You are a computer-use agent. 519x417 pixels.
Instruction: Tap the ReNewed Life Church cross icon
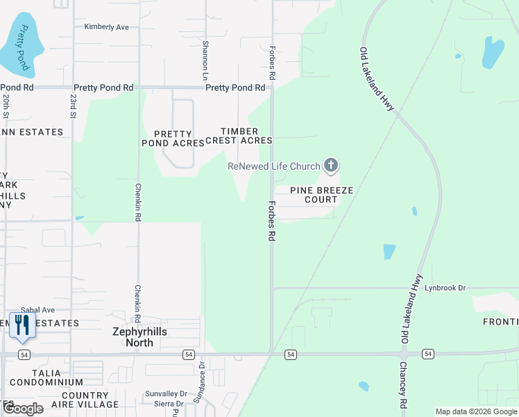[332, 165]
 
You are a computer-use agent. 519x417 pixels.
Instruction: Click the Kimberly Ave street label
[107, 27]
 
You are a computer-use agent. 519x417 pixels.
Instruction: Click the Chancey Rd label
[402, 386]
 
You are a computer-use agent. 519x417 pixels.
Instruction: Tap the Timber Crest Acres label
[245, 136]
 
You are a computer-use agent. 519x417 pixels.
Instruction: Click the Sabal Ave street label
[37, 310]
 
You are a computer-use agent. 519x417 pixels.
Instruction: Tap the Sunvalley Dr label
[163, 393]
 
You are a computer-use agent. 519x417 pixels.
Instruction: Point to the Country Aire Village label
[85, 400]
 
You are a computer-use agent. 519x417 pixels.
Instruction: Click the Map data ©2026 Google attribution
[475, 411]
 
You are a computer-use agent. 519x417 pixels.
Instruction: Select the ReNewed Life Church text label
[274, 166]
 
